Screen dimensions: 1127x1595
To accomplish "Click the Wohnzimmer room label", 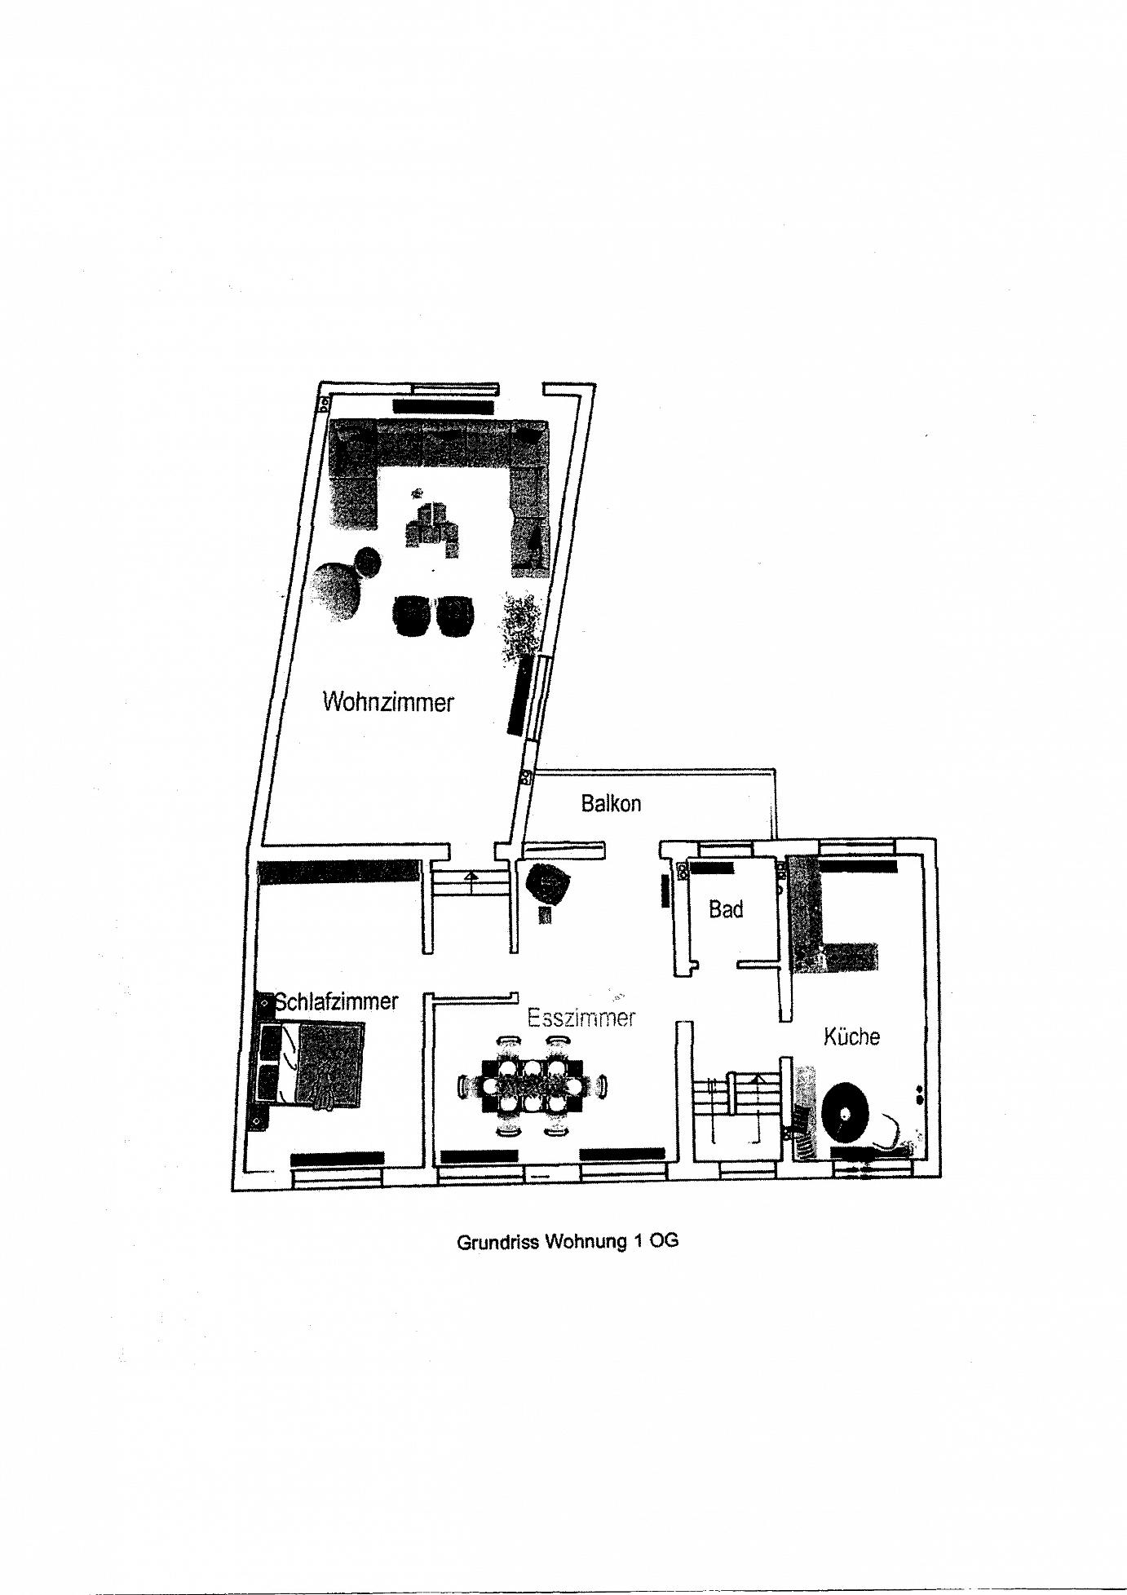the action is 387,701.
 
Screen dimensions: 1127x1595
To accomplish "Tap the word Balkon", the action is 611,803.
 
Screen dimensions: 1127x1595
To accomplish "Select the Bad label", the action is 725,908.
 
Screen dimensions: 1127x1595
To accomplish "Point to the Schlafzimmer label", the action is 337,1001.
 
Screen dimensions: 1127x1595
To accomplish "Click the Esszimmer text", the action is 581,1018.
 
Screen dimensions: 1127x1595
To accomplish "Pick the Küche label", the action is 851,1036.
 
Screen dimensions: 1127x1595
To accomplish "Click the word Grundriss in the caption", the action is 497,1243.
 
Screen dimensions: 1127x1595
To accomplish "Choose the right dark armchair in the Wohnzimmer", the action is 455,616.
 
